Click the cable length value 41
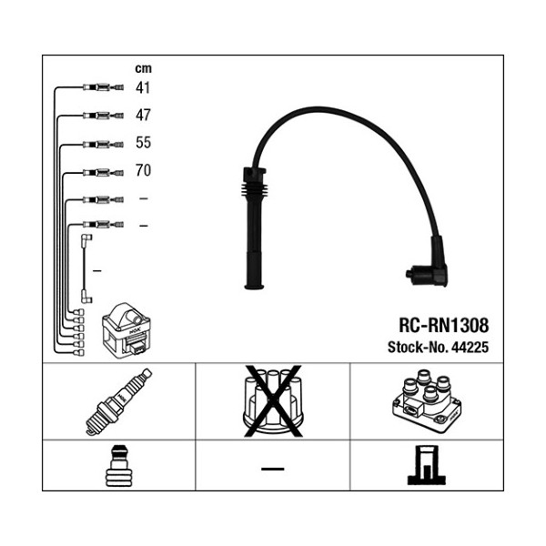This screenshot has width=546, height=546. (x=143, y=88)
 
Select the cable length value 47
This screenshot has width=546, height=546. (x=143, y=116)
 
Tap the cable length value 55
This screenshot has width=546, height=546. (x=143, y=143)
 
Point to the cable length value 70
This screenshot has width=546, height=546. (x=143, y=170)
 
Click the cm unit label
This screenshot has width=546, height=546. (x=143, y=68)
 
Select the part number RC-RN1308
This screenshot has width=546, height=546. (x=443, y=325)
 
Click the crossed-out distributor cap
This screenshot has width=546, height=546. (x=273, y=401)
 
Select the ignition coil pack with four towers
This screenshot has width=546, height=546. (x=425, y=401)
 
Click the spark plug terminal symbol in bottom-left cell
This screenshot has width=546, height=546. (x=118, y=465)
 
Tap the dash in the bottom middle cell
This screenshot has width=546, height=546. (x=273, y=468)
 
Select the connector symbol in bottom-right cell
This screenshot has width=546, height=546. (x=425, y=465)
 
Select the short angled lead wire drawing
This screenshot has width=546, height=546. (x=86, y=268)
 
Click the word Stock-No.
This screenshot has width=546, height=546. (x=415, y=347)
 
